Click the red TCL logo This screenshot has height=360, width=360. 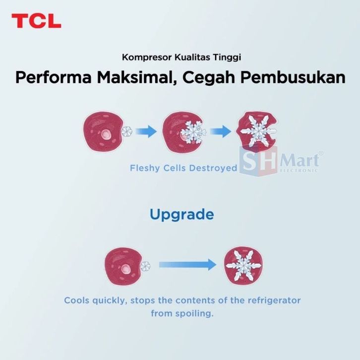[36, 21]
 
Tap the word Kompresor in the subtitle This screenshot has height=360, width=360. [142, 58]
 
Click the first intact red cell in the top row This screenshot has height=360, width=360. [103, 131]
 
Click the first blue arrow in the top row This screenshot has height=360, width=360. [145, 131]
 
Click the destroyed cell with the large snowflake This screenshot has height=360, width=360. [257, 130]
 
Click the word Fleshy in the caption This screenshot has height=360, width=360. [143, 168]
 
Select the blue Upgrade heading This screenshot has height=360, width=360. [181, 215]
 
